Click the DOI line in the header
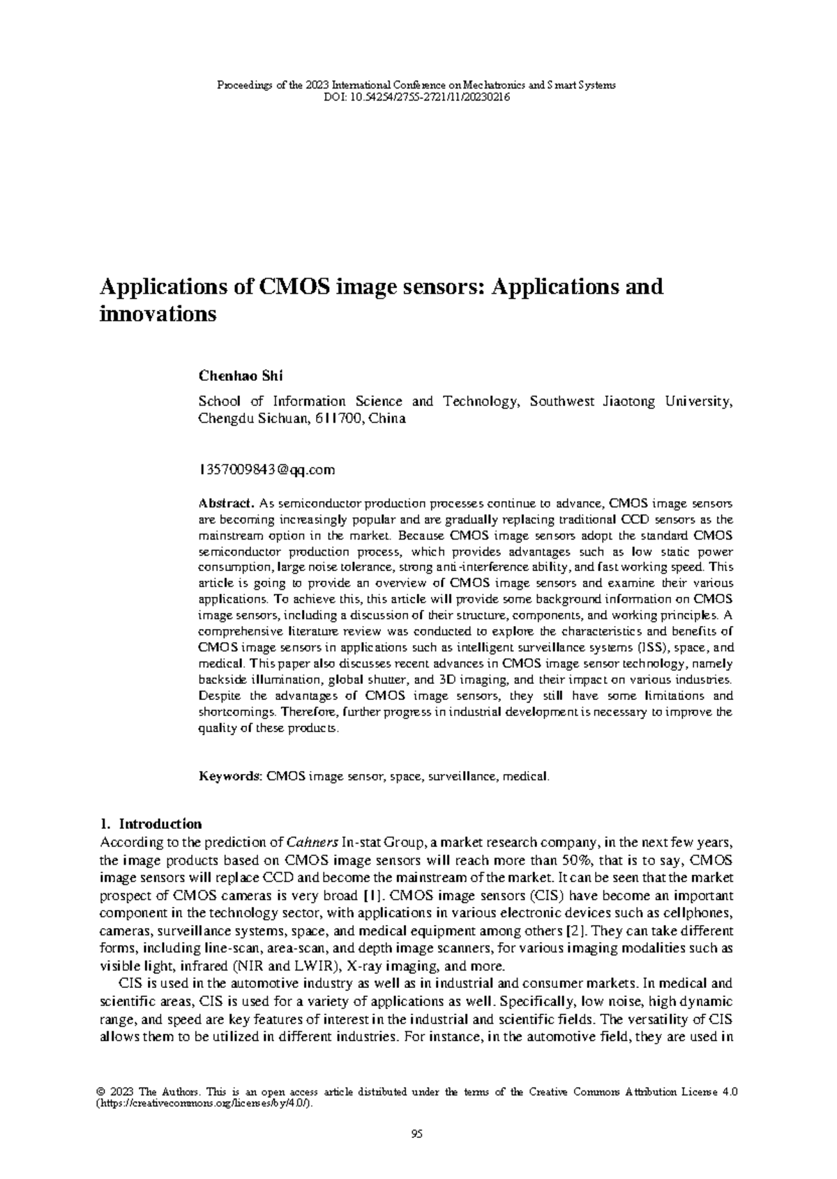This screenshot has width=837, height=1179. (418, 98)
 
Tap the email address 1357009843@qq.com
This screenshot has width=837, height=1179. (267, 470)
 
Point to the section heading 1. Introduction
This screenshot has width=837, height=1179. (151, 823)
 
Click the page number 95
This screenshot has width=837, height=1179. (417, 1134)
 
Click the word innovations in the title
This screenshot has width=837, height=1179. (159, 314)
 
